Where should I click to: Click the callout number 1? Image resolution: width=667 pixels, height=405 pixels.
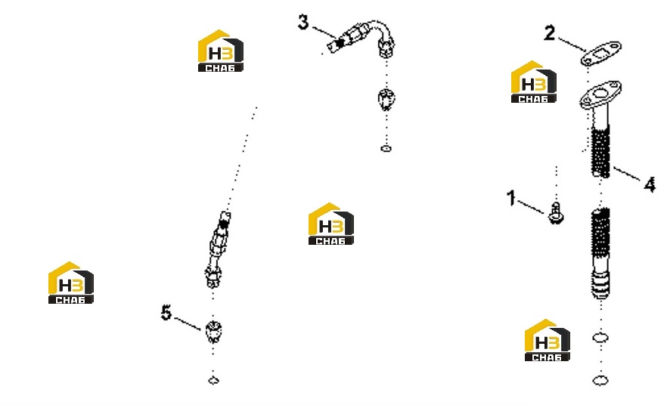(x=511, y=198)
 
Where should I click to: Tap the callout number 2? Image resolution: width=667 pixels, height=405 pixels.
(x=550, y=33)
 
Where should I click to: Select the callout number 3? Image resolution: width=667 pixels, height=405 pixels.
(x=302, y=22)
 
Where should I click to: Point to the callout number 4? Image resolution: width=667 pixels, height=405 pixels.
(x=650, y=185)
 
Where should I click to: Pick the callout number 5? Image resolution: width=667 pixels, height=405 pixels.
(x=166, y=313)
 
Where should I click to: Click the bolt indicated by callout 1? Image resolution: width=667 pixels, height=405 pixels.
(x=556, y=213)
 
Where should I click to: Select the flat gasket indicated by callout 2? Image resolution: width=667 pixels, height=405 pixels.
(x=600, y=53)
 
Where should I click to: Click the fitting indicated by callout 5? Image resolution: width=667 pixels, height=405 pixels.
(x=213, y=332)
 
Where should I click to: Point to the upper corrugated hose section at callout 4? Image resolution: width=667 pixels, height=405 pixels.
(x=600, y=151)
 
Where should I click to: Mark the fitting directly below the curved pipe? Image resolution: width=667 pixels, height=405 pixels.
(x=386, y=100)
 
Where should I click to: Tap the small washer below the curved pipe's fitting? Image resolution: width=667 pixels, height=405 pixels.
(x=386, y=149)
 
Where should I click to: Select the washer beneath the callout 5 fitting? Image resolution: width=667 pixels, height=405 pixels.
(x=213, y=380)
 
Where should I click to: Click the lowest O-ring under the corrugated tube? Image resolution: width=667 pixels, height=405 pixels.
(x=600, y=380)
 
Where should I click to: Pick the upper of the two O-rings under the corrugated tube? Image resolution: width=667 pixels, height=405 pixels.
(x=600, y=338)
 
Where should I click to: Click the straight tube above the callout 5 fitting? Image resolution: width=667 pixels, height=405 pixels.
(x=218, y=249)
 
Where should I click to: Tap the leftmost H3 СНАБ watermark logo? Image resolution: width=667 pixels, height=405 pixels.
(x=70, y=283)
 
